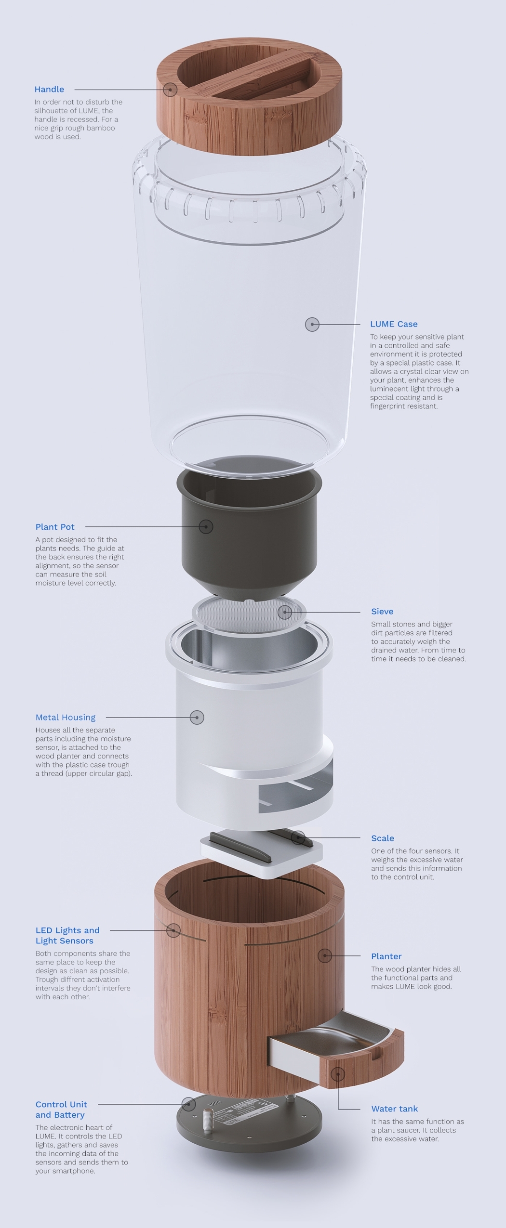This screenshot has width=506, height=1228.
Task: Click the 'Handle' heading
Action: [49, 89]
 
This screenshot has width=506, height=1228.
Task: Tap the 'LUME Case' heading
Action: [393, 324]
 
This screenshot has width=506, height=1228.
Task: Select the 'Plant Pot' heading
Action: [55, 527]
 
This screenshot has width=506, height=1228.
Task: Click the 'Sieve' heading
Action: [382, 612]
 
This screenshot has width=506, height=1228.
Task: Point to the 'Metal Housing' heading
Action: [66, 718]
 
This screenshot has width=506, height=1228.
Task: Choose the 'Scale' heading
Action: [383, 838]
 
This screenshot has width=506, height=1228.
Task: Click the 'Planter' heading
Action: [386, 956]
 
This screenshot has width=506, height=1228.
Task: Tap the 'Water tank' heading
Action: [394, 1109]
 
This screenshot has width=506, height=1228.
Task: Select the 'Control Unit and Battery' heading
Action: [61, 1110]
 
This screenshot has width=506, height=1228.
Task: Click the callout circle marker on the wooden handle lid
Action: [170, 90]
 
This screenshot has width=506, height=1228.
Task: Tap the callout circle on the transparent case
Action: [312, 324]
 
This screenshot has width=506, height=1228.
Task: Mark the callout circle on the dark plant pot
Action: [206, 526]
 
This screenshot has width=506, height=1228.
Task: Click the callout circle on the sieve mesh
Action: [285, 612]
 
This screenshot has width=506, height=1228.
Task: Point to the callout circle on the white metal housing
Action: [197, 718]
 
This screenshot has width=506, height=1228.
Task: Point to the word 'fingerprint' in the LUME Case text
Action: [388, 406]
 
